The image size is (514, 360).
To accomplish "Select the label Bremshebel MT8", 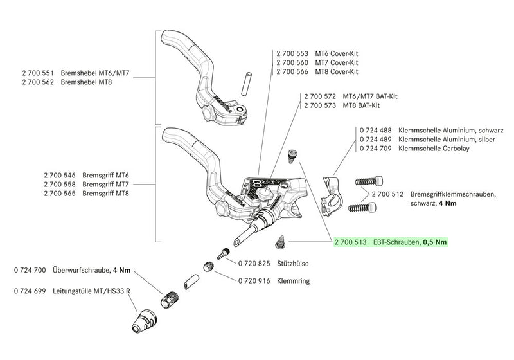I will [88, 82].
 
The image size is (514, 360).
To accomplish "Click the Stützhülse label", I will [291, 264].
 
